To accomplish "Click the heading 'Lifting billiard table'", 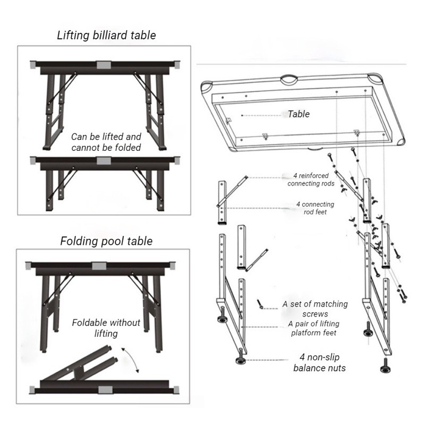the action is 106,36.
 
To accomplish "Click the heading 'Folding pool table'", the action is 106,241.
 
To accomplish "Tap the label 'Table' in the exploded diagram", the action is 299,114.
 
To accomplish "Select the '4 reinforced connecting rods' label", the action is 311,180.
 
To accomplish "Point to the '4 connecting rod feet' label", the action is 315,208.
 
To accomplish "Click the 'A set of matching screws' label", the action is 315,309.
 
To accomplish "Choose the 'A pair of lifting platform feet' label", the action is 314,328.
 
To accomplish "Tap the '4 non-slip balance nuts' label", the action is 320,362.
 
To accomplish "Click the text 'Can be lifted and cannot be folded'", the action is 106,142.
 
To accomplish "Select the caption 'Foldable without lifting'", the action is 106,328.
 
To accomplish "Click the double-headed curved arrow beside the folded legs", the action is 131,359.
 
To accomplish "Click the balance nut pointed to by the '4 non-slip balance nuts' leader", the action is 240,357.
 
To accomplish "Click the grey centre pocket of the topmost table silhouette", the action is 104,65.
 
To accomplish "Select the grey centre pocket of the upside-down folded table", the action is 105,390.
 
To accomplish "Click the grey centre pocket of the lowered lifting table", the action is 104,160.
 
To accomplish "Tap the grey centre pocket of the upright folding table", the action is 99,266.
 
